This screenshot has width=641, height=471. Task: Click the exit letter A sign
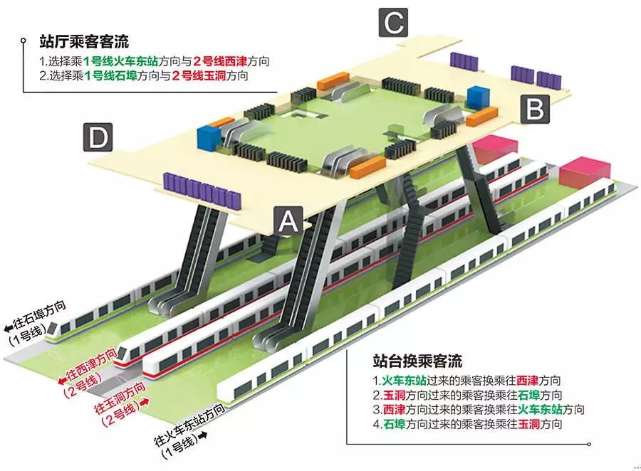coord(288,221)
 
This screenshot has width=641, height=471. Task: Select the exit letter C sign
coord(394,24)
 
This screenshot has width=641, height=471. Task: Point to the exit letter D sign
coord(98,137)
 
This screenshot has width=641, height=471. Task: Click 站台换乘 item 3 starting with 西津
coord(479,410)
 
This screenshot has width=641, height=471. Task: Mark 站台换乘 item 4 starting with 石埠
coord(467,425)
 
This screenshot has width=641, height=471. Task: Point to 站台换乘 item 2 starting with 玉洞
coord(467,395)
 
